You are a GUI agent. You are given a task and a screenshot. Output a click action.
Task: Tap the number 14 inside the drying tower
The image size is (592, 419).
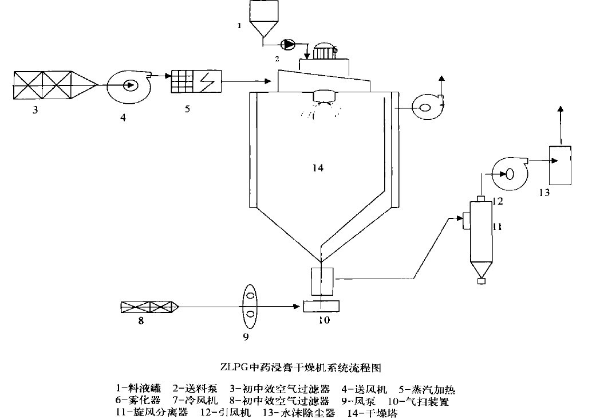pyautogui.click(x=318, y=168)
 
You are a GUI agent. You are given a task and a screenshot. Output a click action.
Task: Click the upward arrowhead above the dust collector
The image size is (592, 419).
pyautogui.click(x=561, y=109)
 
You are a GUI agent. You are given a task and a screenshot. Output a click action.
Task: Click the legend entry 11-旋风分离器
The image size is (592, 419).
pyautogui.click(x=151, y=413)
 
